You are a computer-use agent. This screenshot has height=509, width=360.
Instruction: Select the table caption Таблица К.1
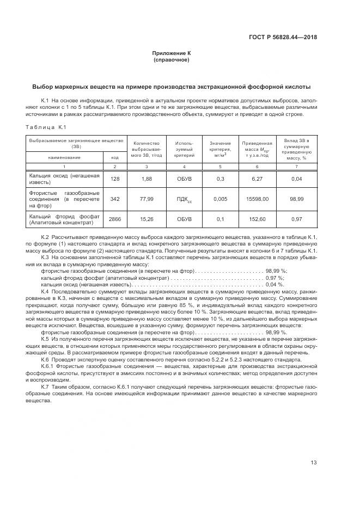pyautogui.click(x=46, y=127)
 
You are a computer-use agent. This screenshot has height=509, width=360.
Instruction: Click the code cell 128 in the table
pyautogui.click(x=114, y=179)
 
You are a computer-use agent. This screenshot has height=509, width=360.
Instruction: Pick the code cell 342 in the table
pyautogui.click(x=114, y=199)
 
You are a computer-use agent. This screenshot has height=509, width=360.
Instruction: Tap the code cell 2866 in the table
pyautogui.click(x=114, y=219)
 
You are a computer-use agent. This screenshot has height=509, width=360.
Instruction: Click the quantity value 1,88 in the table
pyautogui.click(x=146, y=179)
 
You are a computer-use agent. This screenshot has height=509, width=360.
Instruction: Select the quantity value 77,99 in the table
pyautogui.click(x=146, y=199)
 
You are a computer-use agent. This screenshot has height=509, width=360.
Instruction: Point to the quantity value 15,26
pyautogui.click(x=146, y=219)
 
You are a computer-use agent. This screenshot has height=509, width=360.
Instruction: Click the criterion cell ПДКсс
pyautogui.click(x=184, y=200)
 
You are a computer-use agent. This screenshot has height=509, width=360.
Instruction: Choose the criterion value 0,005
pyautogui.click(x=220, y=199)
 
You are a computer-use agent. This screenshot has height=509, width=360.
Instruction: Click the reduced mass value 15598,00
pyautogui.click(x=257, y=199)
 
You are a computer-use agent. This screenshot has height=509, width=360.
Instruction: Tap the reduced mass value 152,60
pyautogui.click(x=257, y=219)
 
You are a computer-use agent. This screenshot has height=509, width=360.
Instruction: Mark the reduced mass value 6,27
pyautogui.click(x=257, y=179)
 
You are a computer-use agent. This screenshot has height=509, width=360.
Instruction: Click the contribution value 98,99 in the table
pyautogui.click(x=297, y=199)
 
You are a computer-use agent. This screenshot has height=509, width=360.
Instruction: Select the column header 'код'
pyautogui.click(x=114, y=157)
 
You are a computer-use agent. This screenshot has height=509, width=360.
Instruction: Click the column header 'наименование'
pyautogui.click(x=64, y=157)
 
